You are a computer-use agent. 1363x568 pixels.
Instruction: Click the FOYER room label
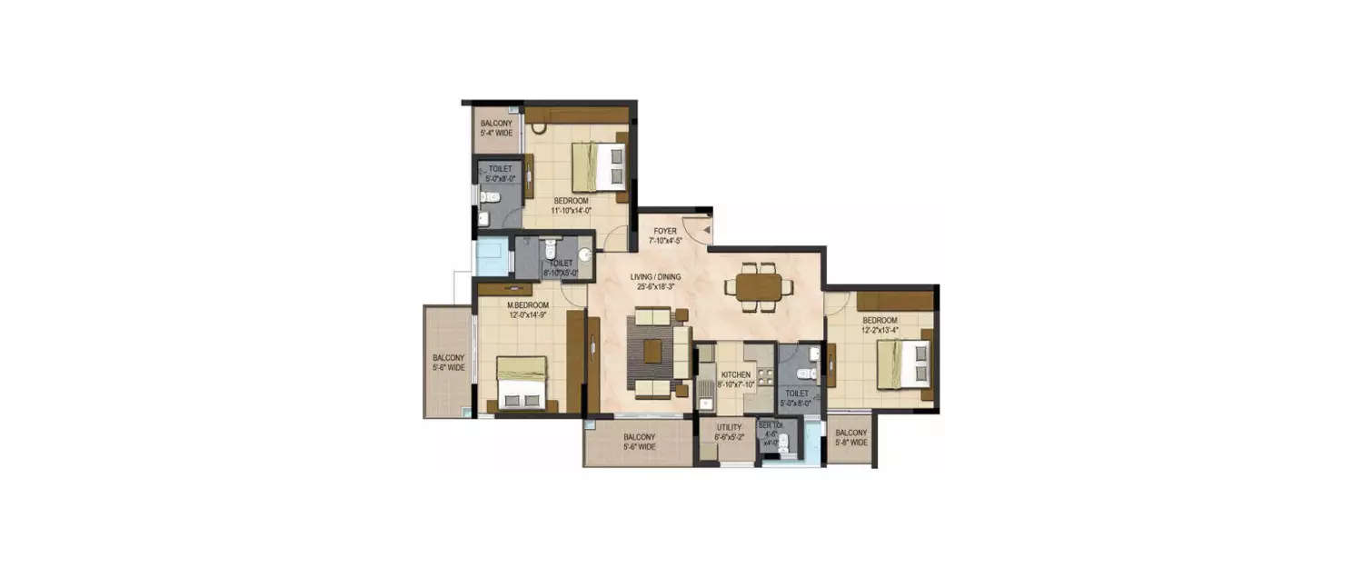click(x=664, y=236)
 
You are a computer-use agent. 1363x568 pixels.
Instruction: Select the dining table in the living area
click(x=759, y=286)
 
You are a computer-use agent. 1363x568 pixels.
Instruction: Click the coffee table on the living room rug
click(x=652, y=351)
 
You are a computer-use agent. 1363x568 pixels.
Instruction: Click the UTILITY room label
click(x=729, y=432)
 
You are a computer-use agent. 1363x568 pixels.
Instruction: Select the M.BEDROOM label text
click(x=527, y=310)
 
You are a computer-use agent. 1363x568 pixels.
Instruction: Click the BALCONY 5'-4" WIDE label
click(x=496, y=128)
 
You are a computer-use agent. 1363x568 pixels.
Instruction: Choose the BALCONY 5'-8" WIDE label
click(x=851, y=438)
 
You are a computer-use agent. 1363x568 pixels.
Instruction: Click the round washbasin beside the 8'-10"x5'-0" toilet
click(x=585, y=255)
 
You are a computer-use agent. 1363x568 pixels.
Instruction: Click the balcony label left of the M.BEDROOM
click(x=448, y=363)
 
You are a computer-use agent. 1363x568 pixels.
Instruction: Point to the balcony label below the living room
click(x=640, y=442)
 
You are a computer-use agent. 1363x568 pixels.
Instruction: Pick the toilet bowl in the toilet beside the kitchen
click(x=801, y=373)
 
